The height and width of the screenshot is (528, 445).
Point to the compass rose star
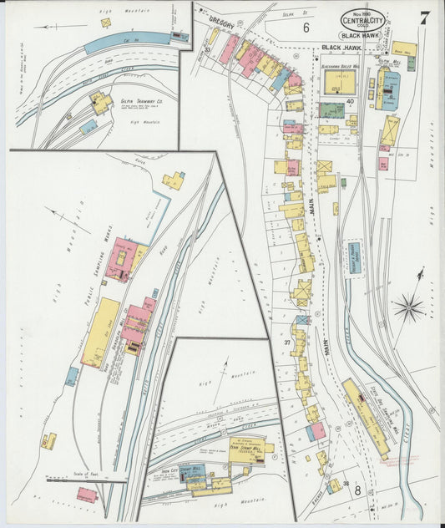(409, 307)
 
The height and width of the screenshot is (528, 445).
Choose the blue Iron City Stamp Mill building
(190, 472)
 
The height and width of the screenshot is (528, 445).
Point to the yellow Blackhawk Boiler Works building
(338, 83)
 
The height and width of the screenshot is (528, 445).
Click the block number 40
(351, 102)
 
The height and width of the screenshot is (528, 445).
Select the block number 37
(286, 343)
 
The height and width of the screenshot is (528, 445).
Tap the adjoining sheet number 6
(306, 28)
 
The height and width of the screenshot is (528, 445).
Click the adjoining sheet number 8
(357, 490)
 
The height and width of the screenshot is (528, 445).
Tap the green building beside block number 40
(331, 110)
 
